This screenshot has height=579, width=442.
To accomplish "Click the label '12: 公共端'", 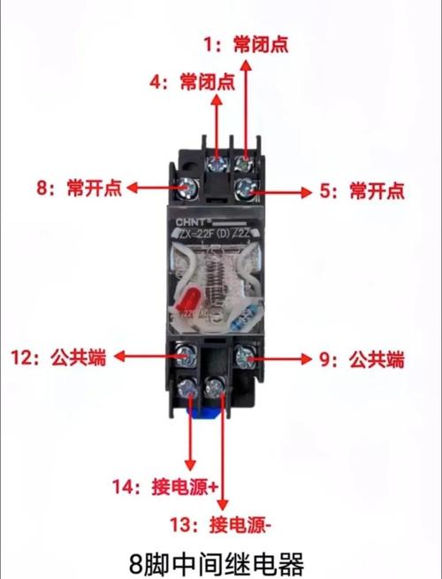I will click(58, 358).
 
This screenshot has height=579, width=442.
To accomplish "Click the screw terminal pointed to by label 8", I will click(187, 188).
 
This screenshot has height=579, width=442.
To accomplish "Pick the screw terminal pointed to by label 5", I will click(248, 188).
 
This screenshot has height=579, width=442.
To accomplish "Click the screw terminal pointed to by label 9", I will click(246, 357).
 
